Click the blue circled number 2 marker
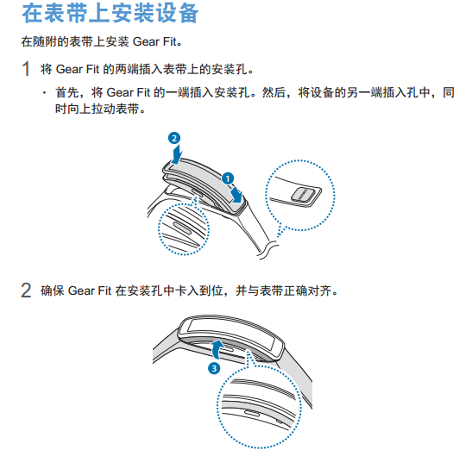click(x=174, y=138)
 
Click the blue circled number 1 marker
click(x=228, y=178)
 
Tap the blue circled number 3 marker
click(x=214, y=368)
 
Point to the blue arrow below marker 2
click(x=176, y=153)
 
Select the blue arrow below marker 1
click(x=236, y=194)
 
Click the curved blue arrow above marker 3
click(x=217, y=349)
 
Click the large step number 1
click(x=26, y=69)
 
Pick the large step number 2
click(x=26, y=291)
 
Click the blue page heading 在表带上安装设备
click(x=110, y=13)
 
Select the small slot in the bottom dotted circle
click(x=252, y=414)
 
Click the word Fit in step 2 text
click(x=105, y=291)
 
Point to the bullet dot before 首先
click(x=45, y=92)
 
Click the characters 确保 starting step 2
click(x=53, y=291)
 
